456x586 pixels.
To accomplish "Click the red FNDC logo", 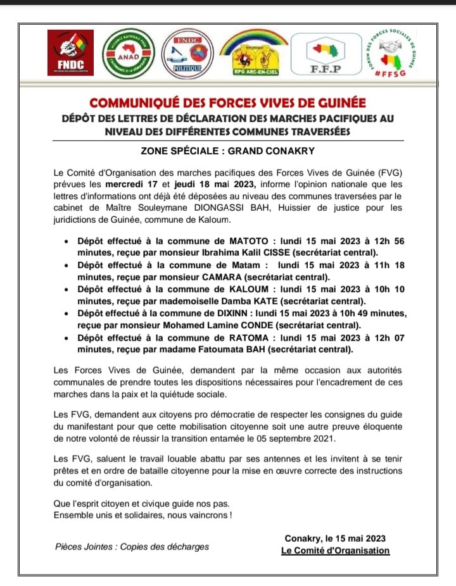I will tap(70, 53).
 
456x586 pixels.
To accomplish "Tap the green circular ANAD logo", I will tap(129, 54).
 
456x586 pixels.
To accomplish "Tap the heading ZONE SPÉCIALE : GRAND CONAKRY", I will tap(227, 152).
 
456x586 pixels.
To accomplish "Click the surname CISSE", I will tap(245, 253).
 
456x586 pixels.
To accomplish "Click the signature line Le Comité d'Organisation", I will tap(335, 551).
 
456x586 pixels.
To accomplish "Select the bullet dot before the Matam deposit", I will tap(68, 266).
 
